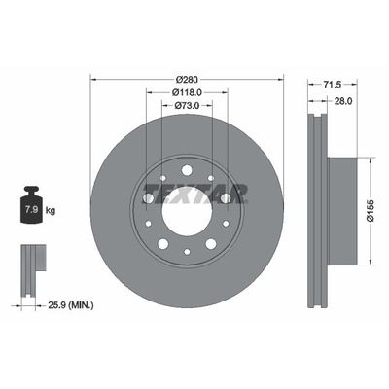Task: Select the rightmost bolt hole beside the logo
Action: pos(226,199)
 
